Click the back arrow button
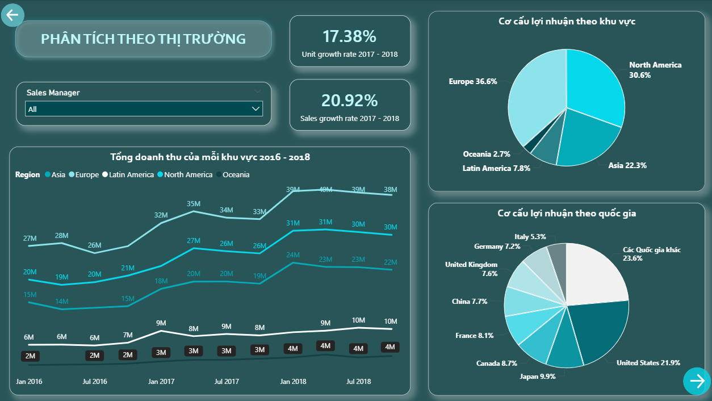[x=12, y=15]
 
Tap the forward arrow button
[x=697, y=381]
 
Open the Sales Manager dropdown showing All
[x=144, y=108]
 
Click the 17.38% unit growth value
[x=349, y=37]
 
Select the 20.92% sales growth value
[x=349, y=101]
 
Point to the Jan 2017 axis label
[x=161, y=382]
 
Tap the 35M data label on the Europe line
[x=194, y=204]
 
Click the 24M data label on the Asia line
[x=293, y=254]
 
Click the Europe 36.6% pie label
[x=472, y=82]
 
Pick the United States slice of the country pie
[x=599, y=332]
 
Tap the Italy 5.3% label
[x=530, y=237]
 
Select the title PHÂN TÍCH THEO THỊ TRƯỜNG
[x=143, y=39]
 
